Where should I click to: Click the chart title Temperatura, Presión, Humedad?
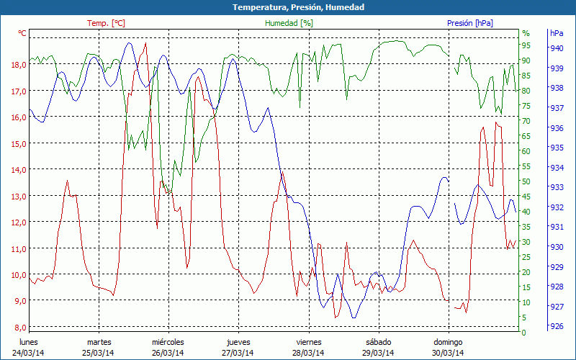(288, 7)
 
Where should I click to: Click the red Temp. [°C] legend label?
(106, 23)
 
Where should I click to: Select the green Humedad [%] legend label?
(289, 23)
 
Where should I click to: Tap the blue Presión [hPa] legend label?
(469, 23)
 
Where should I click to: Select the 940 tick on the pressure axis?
(557, 48)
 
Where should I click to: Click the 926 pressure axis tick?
(557, 326)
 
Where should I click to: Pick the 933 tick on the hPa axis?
(557, 187)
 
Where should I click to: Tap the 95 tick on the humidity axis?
(526, 48)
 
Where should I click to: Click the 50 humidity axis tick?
(526, 181)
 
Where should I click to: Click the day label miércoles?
(168, 342)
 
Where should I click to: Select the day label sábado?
(378, 342)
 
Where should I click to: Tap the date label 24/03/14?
(28, 353)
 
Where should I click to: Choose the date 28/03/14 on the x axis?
(308, 353)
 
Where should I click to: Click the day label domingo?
(448, 342)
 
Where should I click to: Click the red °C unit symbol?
(22, 33)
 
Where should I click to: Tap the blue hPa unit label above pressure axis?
(557, 33)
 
